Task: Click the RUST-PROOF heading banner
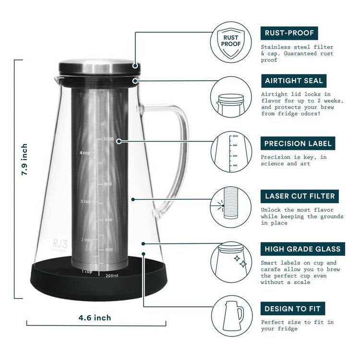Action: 289,33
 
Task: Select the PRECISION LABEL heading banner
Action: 298,143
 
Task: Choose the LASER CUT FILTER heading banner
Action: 300,196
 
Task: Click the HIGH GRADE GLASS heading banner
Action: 302,249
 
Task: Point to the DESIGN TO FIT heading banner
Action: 292,308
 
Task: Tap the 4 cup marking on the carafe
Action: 85,153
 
